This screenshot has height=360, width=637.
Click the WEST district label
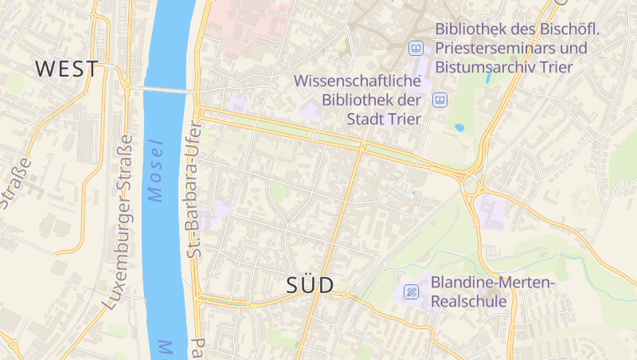click(68, 68)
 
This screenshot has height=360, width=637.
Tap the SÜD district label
click(310, 286)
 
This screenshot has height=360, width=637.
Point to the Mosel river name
click(155, 170)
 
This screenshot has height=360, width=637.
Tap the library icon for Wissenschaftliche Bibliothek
click(440, 100)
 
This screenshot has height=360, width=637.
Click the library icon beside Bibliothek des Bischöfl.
click(415, 49)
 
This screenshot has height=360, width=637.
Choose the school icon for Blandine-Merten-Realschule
click(412, 292)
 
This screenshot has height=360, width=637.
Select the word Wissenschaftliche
click(358, 81)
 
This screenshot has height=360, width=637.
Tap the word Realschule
click(469, 302)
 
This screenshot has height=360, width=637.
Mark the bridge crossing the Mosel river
click(170, 89)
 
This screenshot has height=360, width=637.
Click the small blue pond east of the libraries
click(459, 127)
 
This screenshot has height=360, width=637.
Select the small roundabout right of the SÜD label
click(346, 295)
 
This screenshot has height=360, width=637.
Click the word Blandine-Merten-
click(492, 283)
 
